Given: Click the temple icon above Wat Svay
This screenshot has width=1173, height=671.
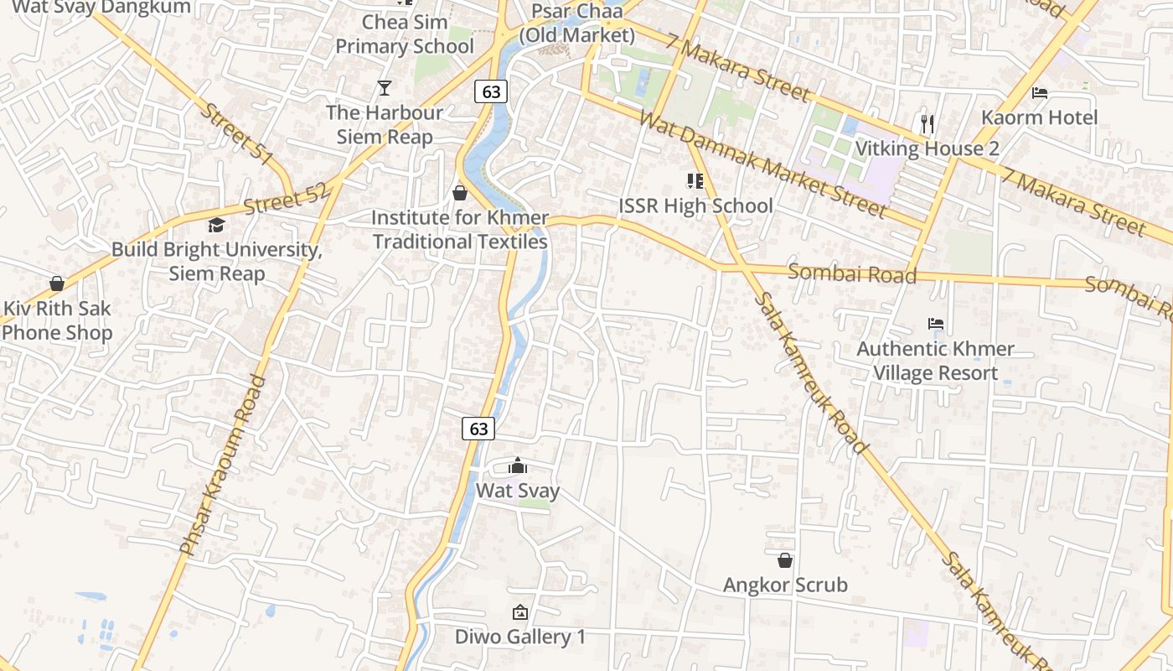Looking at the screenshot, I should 518,466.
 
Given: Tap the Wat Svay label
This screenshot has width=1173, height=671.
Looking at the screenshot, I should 518,491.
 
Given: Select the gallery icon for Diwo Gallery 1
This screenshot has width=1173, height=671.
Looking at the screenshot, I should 519,612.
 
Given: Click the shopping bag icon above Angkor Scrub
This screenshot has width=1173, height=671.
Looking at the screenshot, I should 785,560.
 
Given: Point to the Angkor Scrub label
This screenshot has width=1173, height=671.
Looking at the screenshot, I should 785,585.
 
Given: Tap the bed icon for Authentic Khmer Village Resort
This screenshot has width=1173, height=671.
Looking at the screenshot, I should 936,324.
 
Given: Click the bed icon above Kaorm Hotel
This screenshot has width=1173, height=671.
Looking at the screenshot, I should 1040,92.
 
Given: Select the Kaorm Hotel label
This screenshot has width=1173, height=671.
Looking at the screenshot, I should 1039,117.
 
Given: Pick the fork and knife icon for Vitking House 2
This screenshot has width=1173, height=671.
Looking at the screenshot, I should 927,124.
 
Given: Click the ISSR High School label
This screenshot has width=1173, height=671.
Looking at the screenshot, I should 695,205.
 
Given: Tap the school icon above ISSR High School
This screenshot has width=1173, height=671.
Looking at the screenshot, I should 695,180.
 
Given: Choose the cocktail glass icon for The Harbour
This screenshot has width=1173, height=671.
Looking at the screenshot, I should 385,88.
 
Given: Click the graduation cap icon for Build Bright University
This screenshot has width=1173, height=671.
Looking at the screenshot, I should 216,225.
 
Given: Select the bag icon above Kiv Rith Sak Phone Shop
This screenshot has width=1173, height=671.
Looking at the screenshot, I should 57,283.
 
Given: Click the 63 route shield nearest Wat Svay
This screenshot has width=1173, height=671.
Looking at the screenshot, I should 478,429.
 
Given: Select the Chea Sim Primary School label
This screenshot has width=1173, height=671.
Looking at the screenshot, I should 405,34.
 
